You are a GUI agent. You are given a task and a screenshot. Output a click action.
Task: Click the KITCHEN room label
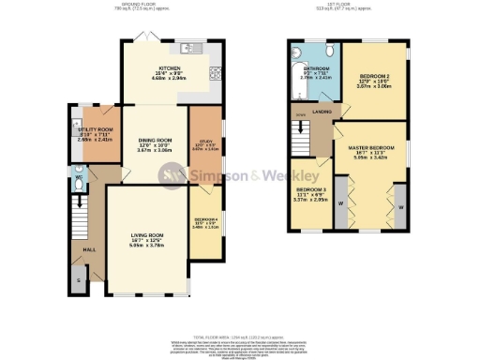(170, 69)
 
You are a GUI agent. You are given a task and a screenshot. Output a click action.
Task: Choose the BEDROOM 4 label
(204, 221)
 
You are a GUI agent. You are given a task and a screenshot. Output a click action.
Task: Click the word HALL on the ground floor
(88, 251)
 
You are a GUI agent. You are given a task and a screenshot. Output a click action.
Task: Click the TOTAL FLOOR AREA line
(239, 334)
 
